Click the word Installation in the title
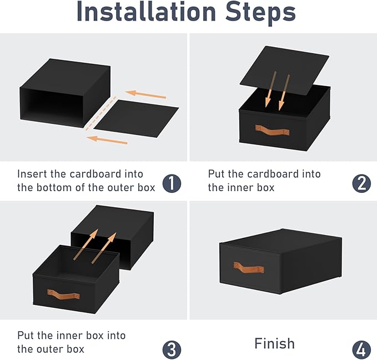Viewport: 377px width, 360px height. click(146, 12)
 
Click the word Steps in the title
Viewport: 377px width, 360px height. click(260, 13)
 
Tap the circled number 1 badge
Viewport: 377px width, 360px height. click(172, 183)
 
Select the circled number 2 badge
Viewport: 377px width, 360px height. click(361, 183)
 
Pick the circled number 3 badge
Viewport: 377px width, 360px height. click(172, 349)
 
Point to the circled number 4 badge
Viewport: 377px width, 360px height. click(361, 349)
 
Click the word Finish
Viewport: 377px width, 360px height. click(274, 343)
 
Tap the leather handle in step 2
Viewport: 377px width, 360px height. click(272, 130)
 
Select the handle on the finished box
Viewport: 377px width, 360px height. click(248, 268)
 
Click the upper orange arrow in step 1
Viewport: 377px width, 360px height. click(145, 94)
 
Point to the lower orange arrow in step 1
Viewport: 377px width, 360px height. click(107, 140)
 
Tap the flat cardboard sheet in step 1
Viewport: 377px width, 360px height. click(136, 118)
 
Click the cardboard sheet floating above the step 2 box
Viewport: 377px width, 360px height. click(284, 70)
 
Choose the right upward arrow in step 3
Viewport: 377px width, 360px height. click(104, 248)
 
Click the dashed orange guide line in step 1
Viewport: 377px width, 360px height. click(101, 113)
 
